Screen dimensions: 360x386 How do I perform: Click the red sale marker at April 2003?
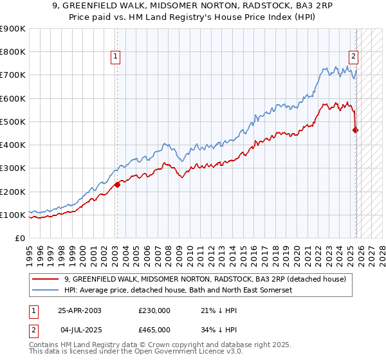point(117,185)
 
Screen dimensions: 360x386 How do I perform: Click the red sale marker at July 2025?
point(356,130)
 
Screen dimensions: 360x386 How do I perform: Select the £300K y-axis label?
point(12,168)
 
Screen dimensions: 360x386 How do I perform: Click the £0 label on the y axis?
point(19,239)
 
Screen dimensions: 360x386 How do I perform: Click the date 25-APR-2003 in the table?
point(79,310)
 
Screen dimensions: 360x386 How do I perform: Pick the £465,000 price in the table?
point(154,329)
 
